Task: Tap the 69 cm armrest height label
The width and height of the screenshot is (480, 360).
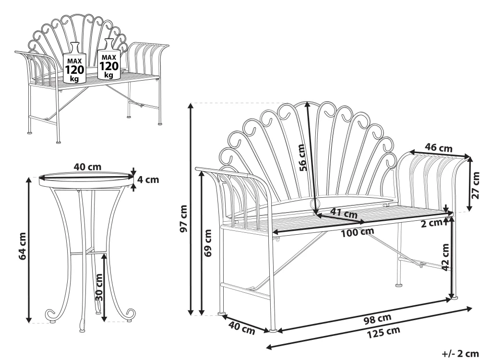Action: click(208, 243)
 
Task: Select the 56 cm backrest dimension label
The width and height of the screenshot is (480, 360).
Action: click(302, 157)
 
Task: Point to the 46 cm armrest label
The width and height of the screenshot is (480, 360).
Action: click(438, 148)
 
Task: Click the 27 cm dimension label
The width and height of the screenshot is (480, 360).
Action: click(475, 185)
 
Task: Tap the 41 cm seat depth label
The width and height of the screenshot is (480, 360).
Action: click(344, 213)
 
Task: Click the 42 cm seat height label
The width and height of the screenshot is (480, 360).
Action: click(446, 257)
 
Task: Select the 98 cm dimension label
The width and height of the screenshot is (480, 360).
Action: click(377, 318)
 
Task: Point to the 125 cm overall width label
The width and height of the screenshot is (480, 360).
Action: click(384, 332)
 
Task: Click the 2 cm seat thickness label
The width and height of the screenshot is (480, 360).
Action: click(432, 224)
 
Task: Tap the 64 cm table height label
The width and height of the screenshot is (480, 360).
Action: click(23, 246)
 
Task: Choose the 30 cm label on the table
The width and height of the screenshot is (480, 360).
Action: click(99, 287)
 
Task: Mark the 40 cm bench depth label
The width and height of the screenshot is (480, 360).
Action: click(242, 328)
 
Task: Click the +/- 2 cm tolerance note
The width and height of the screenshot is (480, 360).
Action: click(460, 354)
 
